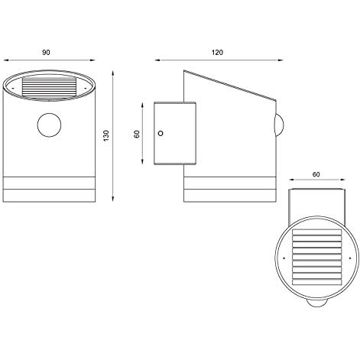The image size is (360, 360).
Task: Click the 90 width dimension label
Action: [46, 53]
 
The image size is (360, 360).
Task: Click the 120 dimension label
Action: [217, 53]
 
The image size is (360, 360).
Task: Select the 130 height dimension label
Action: [106, 136]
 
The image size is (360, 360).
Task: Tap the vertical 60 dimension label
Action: [137, 134]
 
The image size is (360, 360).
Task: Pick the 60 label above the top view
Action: [316, 174]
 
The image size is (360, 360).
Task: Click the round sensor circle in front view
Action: [49, 125]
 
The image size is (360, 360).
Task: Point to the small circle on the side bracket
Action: [161, 133]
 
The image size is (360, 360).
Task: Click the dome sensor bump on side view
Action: [280, 125]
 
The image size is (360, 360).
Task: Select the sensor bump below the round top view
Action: [316, 303]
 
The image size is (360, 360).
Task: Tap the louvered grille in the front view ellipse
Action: [50, 86]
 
